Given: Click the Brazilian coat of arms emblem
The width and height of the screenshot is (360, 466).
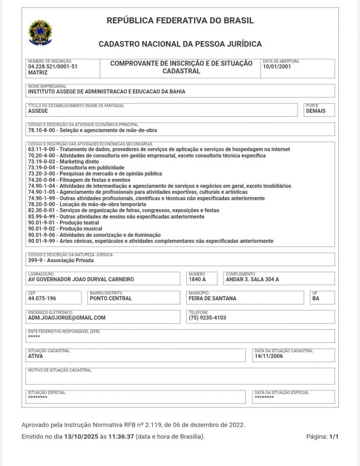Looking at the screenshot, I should tap(41, 33).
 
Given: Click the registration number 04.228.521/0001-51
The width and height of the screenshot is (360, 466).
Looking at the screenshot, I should tap(53, 67).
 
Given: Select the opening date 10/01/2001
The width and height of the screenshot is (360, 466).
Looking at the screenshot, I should tap(277, 67).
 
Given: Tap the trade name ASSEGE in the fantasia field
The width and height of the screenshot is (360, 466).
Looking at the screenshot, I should tap(38, 111).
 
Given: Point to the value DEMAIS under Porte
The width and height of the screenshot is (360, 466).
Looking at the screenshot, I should tap(316, 111).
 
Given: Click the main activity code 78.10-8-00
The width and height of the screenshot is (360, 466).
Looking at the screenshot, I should tap(42, 130).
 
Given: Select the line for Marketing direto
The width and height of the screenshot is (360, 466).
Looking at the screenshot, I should tap(63, 162).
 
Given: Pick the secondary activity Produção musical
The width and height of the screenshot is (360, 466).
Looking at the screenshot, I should tap(66, 229).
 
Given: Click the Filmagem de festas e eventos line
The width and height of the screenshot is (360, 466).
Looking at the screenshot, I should tap(79, 180).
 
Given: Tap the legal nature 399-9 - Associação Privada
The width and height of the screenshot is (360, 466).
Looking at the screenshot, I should tap(61, 260).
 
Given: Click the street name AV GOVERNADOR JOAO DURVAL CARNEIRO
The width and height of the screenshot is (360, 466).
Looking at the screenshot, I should tap(81, 280).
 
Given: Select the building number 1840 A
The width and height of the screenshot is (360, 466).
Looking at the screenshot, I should tap(197, 280).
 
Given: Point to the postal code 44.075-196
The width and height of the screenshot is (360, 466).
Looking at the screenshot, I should tap(42, 298).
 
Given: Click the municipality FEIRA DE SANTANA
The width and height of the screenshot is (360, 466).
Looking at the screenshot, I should tap(212, 298).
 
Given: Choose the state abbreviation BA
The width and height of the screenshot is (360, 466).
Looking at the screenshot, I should tap(316, 298).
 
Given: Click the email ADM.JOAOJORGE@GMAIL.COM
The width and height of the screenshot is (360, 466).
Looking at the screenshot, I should tap(67, 318).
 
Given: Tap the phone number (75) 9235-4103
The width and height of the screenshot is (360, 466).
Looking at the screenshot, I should tap(207, 318).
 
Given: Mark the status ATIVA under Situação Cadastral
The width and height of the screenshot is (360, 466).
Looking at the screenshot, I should tap(35, 356).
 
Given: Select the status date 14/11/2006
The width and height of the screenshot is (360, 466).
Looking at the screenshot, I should tap(269, 356).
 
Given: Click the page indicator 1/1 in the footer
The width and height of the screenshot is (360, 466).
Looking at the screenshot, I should tap(334, 437).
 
